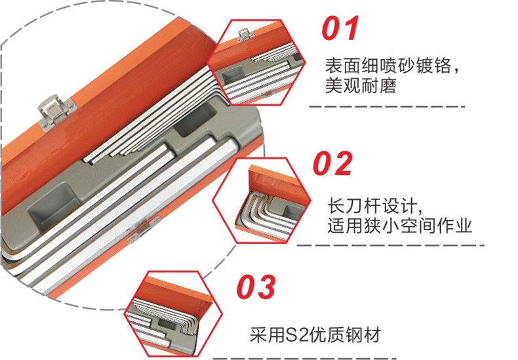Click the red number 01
coord(340,28)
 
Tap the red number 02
coord(332,163)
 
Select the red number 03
coord(256,287)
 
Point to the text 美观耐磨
coord(361,85)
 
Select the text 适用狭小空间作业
coord(399,226)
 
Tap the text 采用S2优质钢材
coord(315,335)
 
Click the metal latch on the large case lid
coord(56,111)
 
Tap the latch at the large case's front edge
coord(144,229)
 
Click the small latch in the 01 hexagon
coord(245,34)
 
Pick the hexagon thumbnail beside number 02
coord(262,200)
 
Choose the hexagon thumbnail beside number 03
coord(173,313)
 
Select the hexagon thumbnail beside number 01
coord(256,62)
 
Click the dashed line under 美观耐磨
coord(387,107)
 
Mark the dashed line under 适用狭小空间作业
coord(390,245)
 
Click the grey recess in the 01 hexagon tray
coord(233,74)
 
